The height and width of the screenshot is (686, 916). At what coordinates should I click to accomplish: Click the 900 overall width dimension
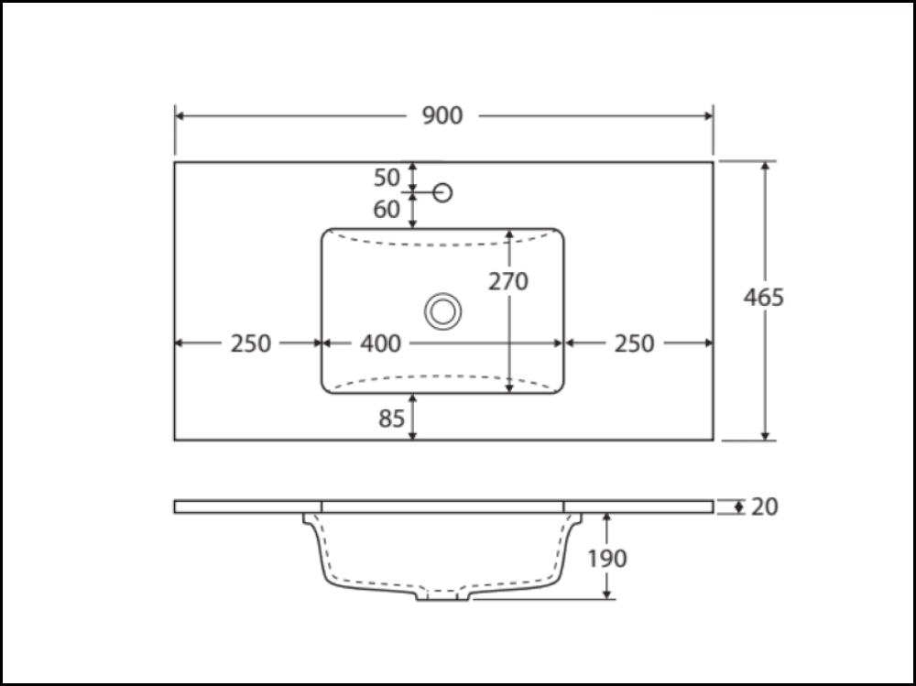pos(442,115)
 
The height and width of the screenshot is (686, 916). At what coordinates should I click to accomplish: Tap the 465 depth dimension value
pos(763,298)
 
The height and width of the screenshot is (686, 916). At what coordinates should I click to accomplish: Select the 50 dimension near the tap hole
pos(387,178)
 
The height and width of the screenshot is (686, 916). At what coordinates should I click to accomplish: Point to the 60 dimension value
pos(387,209)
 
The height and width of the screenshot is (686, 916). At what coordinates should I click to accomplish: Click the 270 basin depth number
pos(508,282)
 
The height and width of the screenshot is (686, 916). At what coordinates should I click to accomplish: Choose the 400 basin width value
pos(380,343)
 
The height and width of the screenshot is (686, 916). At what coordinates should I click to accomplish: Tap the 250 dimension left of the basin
pos(251,343)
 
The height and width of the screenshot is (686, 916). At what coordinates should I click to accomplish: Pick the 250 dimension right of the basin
pos(634,343)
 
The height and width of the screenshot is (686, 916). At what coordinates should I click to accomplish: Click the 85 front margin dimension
pos(391,419)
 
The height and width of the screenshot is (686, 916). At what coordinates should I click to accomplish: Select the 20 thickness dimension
pos(764,506)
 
